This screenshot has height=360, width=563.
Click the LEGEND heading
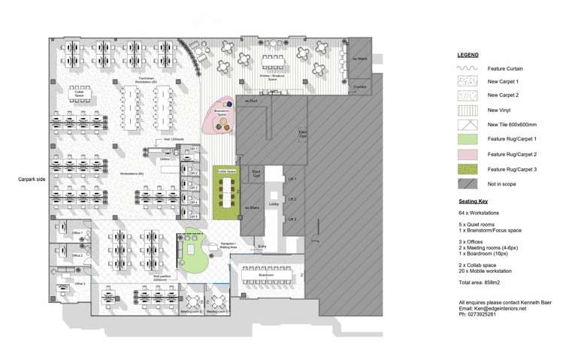pyautogui.click(x=468, y=55)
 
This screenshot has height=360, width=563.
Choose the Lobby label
pyautogui.click(x=273, y=204)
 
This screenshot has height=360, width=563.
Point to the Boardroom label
pyautogui.click(x=266, y=274)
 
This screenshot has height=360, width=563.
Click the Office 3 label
pyautogui.click(x=79, y=283)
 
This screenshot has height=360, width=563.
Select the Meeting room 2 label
pyautogui.click(x=194, y=310)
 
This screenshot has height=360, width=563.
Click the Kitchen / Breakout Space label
pyautogui.click(x=271, y=77)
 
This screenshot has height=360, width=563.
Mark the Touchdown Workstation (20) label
pyautogui.click(x=145, y=80)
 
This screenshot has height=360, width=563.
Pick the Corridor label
pyautogui.click(x=359, y=87)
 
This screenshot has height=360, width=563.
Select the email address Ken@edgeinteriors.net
pyautogui.click(x=492, y=308)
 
